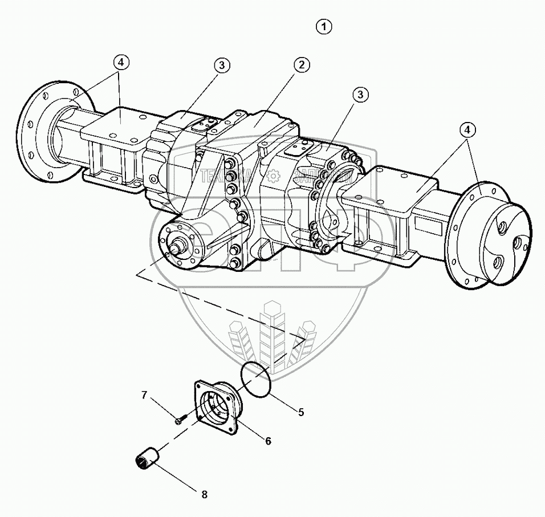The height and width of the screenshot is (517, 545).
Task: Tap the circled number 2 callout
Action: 302,65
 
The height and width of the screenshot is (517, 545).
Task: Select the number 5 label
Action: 300,412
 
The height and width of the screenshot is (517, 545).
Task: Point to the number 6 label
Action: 267,441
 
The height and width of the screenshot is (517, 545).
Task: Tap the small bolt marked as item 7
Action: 180,421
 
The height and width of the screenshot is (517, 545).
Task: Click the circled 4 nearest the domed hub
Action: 467,131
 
